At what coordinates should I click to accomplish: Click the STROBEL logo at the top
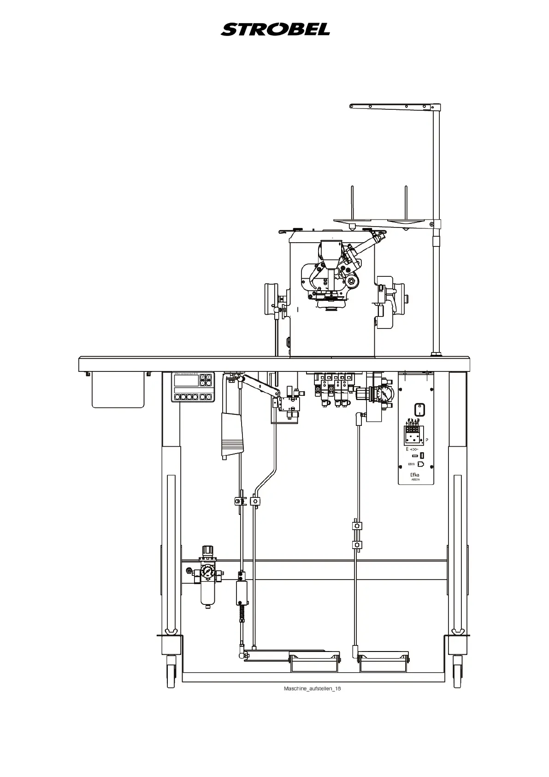coord(275,30)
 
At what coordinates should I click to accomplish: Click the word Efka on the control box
coord(416,474)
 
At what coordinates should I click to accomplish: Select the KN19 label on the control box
coord(412,465)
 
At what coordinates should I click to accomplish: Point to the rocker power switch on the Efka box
coord(419,409)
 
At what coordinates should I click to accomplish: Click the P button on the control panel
coord(202,377)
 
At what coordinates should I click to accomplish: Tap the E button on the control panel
coord(209,377)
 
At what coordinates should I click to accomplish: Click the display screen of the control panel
coord(186,381)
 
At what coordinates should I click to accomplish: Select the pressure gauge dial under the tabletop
coord(382,394)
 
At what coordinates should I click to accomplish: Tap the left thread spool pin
coord(352,203)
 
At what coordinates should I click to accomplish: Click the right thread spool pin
coord(406,203)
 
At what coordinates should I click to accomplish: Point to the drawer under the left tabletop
coord(118,390)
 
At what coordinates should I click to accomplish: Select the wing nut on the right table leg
coord(458,631)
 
